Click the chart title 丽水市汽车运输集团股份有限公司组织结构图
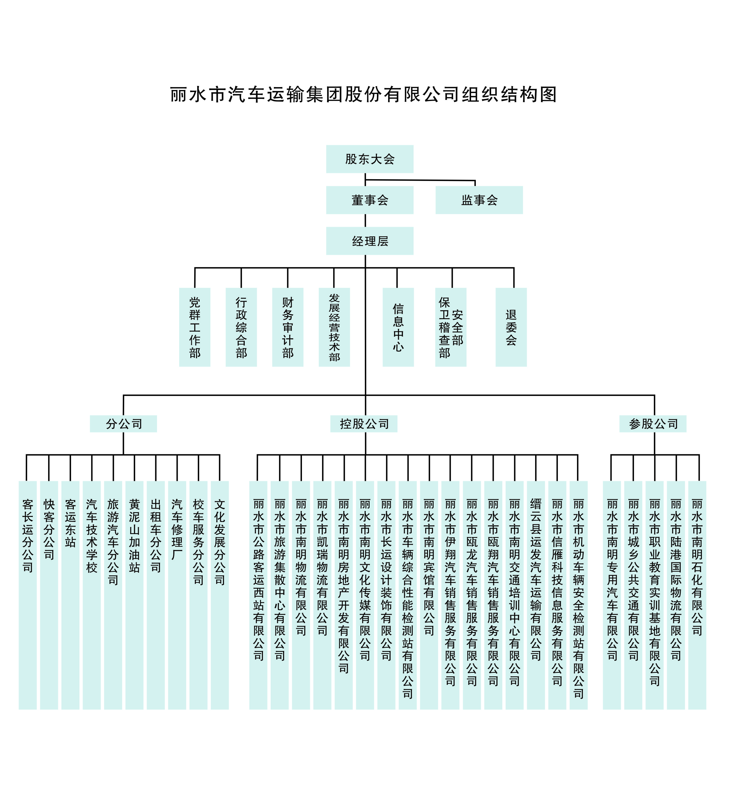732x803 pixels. pos(363,95)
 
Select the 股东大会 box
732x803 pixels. pos(370,159)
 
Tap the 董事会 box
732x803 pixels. pos(370,200)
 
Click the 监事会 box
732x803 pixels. pos(479,200)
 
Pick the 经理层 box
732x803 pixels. pos(370,241)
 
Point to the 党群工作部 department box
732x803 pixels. pos(195,327)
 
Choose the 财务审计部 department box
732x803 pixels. pos(287,327)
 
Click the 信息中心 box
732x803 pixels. pos(398,327)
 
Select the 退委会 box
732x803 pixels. pos(511,327)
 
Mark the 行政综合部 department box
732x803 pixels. pos(241,327)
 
